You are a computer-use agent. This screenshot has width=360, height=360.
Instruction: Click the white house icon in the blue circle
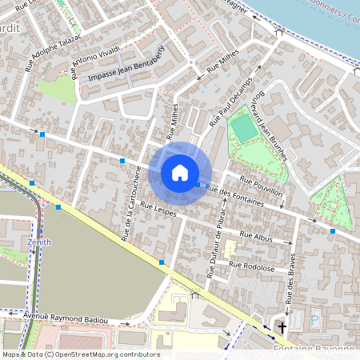[180, 172]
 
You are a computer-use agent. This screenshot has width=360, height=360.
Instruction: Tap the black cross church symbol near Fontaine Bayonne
[281, 328]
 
